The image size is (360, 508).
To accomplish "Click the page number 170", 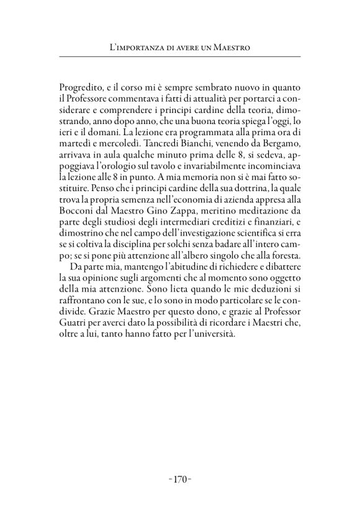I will point(180,479).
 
